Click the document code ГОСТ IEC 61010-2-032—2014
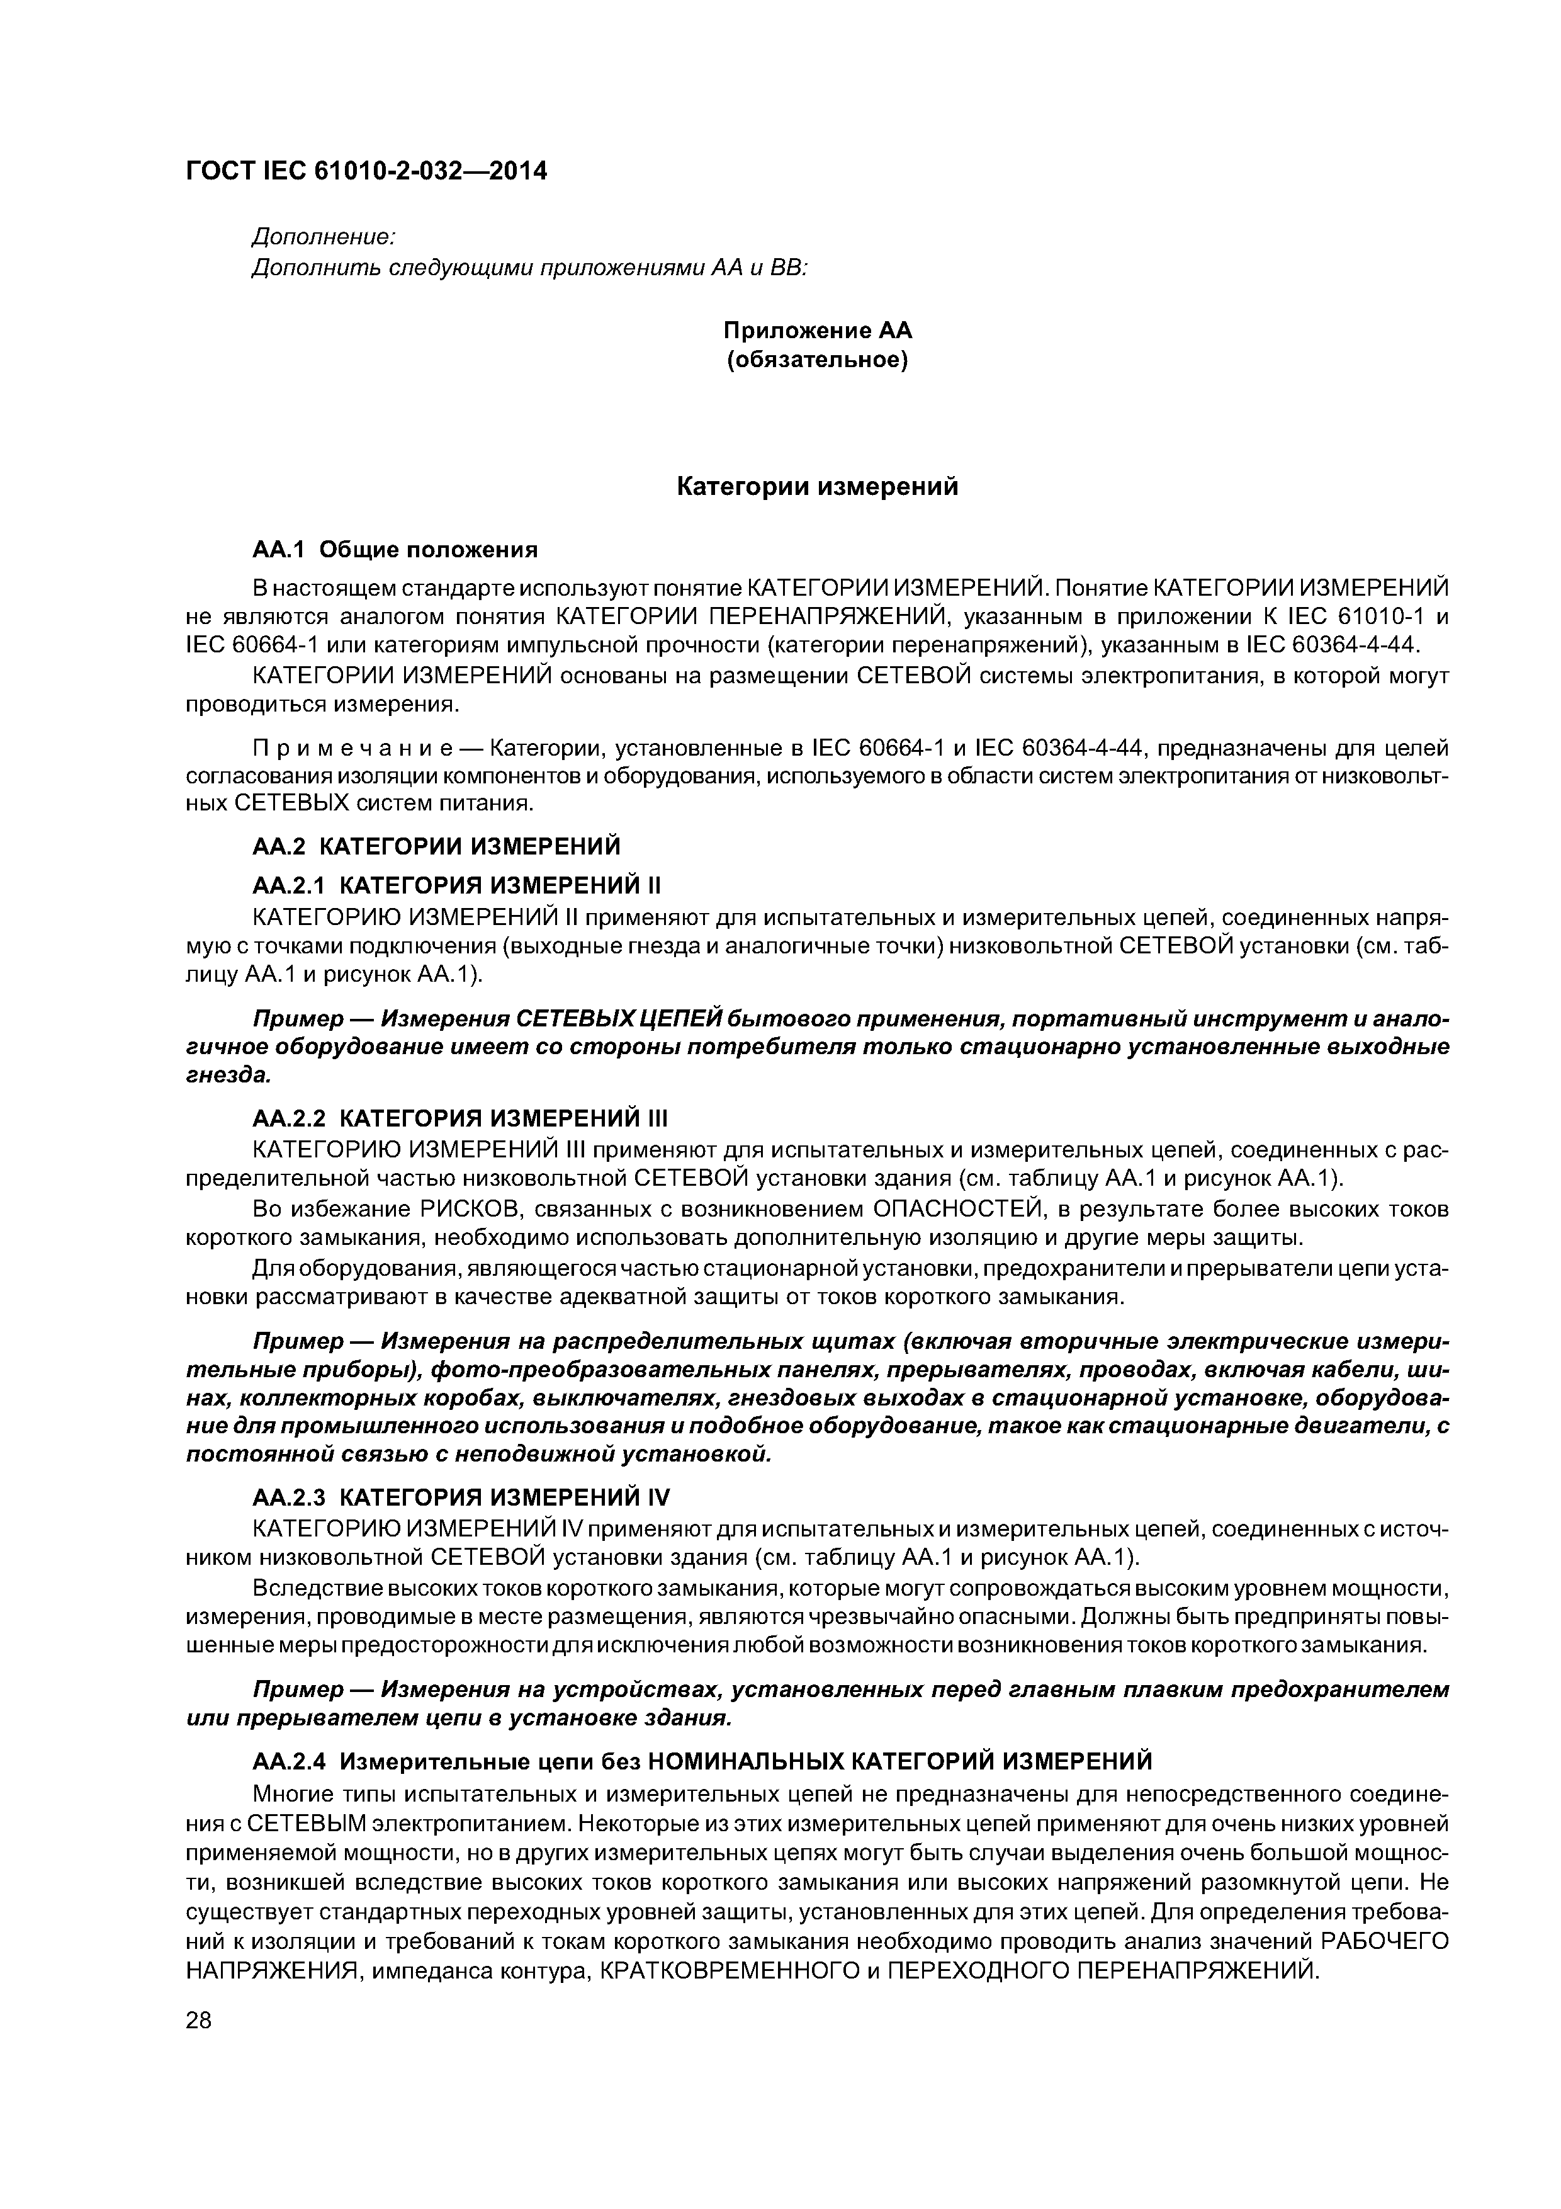click(x=366, y=171)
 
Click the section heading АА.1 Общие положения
click(x=394, y=550)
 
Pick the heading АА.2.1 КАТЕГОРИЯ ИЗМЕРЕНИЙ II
click(x=457, y=884)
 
